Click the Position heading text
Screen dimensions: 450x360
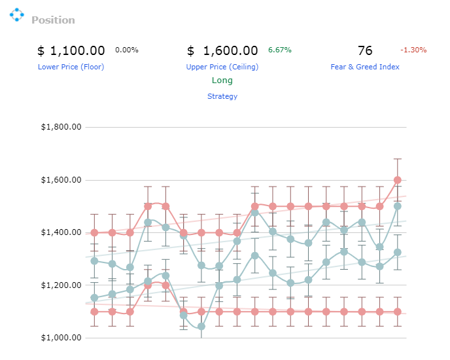pos(53,20)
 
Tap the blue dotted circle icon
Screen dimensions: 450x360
pos(16,14)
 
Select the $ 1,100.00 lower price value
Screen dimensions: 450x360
pos(71,50)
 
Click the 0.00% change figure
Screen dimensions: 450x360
pos(127,50)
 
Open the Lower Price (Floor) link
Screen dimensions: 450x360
pos(71,67)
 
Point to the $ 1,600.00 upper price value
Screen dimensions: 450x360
pos(222,50)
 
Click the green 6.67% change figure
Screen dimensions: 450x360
pos(280,50)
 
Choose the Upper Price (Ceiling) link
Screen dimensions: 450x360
pos(222,67)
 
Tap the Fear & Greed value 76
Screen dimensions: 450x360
pos(365,50)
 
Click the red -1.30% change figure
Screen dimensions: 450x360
pos(413,50)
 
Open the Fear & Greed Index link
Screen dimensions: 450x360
pos(365,67)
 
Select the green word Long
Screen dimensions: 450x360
pos(222,81)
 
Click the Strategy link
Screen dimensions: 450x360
pos(222,96)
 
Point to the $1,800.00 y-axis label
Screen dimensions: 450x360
pos(61,127)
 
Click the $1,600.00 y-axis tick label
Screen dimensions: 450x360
pos(61,180)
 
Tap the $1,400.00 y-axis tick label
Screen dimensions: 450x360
pos(61,232)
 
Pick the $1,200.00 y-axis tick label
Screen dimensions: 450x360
pos(61,285)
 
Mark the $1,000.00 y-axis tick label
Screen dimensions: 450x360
pos(61,338)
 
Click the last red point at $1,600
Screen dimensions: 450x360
pos(398,180)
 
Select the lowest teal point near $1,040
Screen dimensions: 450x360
pos(201,327)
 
